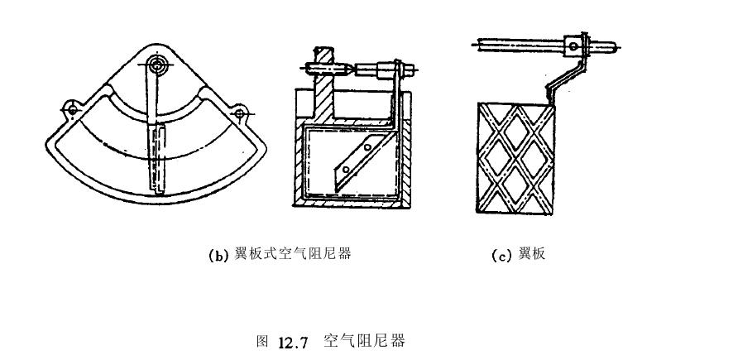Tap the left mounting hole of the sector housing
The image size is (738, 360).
(73, 108)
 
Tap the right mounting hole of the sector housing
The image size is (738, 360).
(240, 111)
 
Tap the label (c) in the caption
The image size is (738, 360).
(501, 256)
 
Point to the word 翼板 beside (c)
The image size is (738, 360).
(530, 255)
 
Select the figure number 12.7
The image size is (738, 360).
(293, 341)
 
